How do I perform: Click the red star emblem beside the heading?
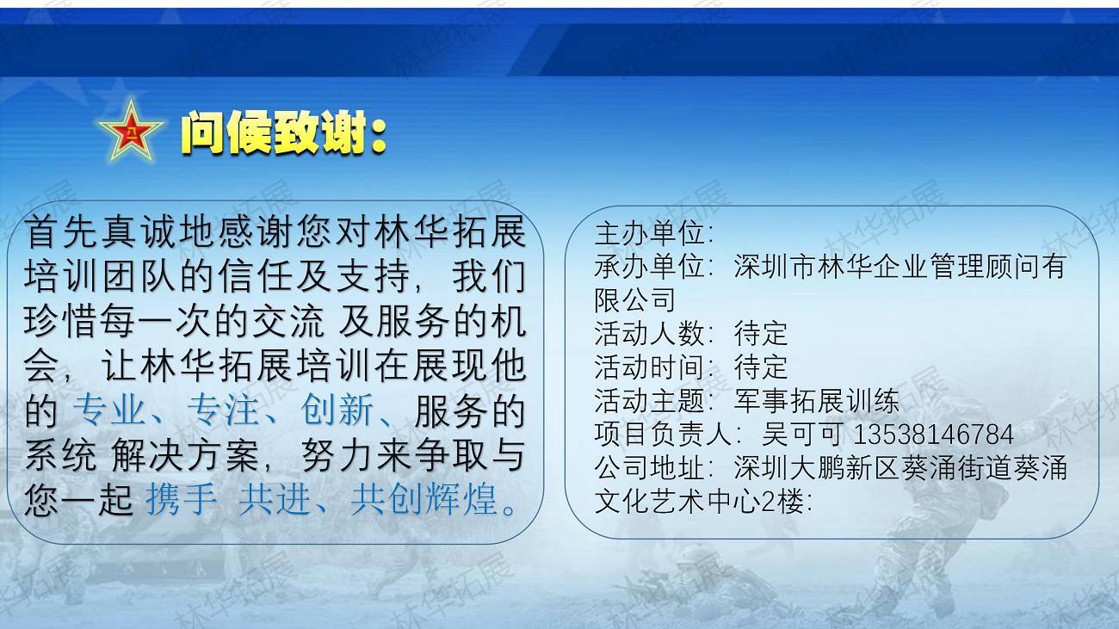(x=131, y=132)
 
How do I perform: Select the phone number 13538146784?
(x=933, y=435)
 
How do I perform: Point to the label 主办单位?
(x=649, y=233)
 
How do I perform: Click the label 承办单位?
(x=649, y=267)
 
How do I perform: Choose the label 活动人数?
(x=649, y=334)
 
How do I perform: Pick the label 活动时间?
(x=649, y=367)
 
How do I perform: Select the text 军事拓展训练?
(x=817, y=400)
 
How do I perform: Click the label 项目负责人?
(x=664, y=435)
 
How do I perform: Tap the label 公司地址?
(x=649, y=468)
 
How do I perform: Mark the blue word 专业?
(x=109, y=410)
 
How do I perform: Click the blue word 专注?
(x=223, y=410)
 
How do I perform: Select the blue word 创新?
(x=337, y=410)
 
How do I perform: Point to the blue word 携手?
(x=182, y=499)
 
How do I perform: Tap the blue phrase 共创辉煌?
(x=424, y=499)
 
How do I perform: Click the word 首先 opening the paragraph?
(x=61, y=231)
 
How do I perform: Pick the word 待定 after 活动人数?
(x=761, y=334)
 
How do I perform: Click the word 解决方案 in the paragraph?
(x=184, y=454)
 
